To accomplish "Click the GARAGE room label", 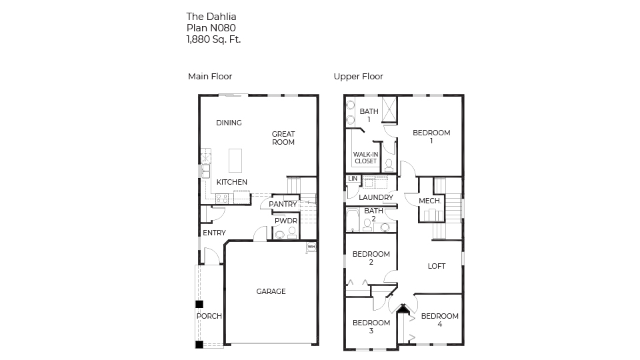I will tap(271, 291).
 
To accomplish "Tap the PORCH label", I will tap(209, 316).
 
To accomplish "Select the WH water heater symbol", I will tap(311, 247).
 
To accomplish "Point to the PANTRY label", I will tap(283, 205).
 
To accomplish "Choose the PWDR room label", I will tap(286, 221).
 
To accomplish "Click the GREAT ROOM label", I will tap(283, 138).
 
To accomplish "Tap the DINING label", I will tap(229, 123).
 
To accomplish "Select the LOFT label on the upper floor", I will tap(437, 266).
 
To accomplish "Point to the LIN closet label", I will tap(352, 179).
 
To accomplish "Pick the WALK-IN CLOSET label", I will tap(365, 158).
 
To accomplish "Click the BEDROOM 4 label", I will tap(440, 320).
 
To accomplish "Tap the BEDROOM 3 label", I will tap(371, 327).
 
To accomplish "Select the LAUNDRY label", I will tap(376, 197).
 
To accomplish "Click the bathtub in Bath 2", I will tap(353, 220).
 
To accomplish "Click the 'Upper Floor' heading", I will tap(358, 77).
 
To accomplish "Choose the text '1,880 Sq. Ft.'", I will tap(213, 39).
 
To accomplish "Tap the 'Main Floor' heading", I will tap(210, 77).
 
